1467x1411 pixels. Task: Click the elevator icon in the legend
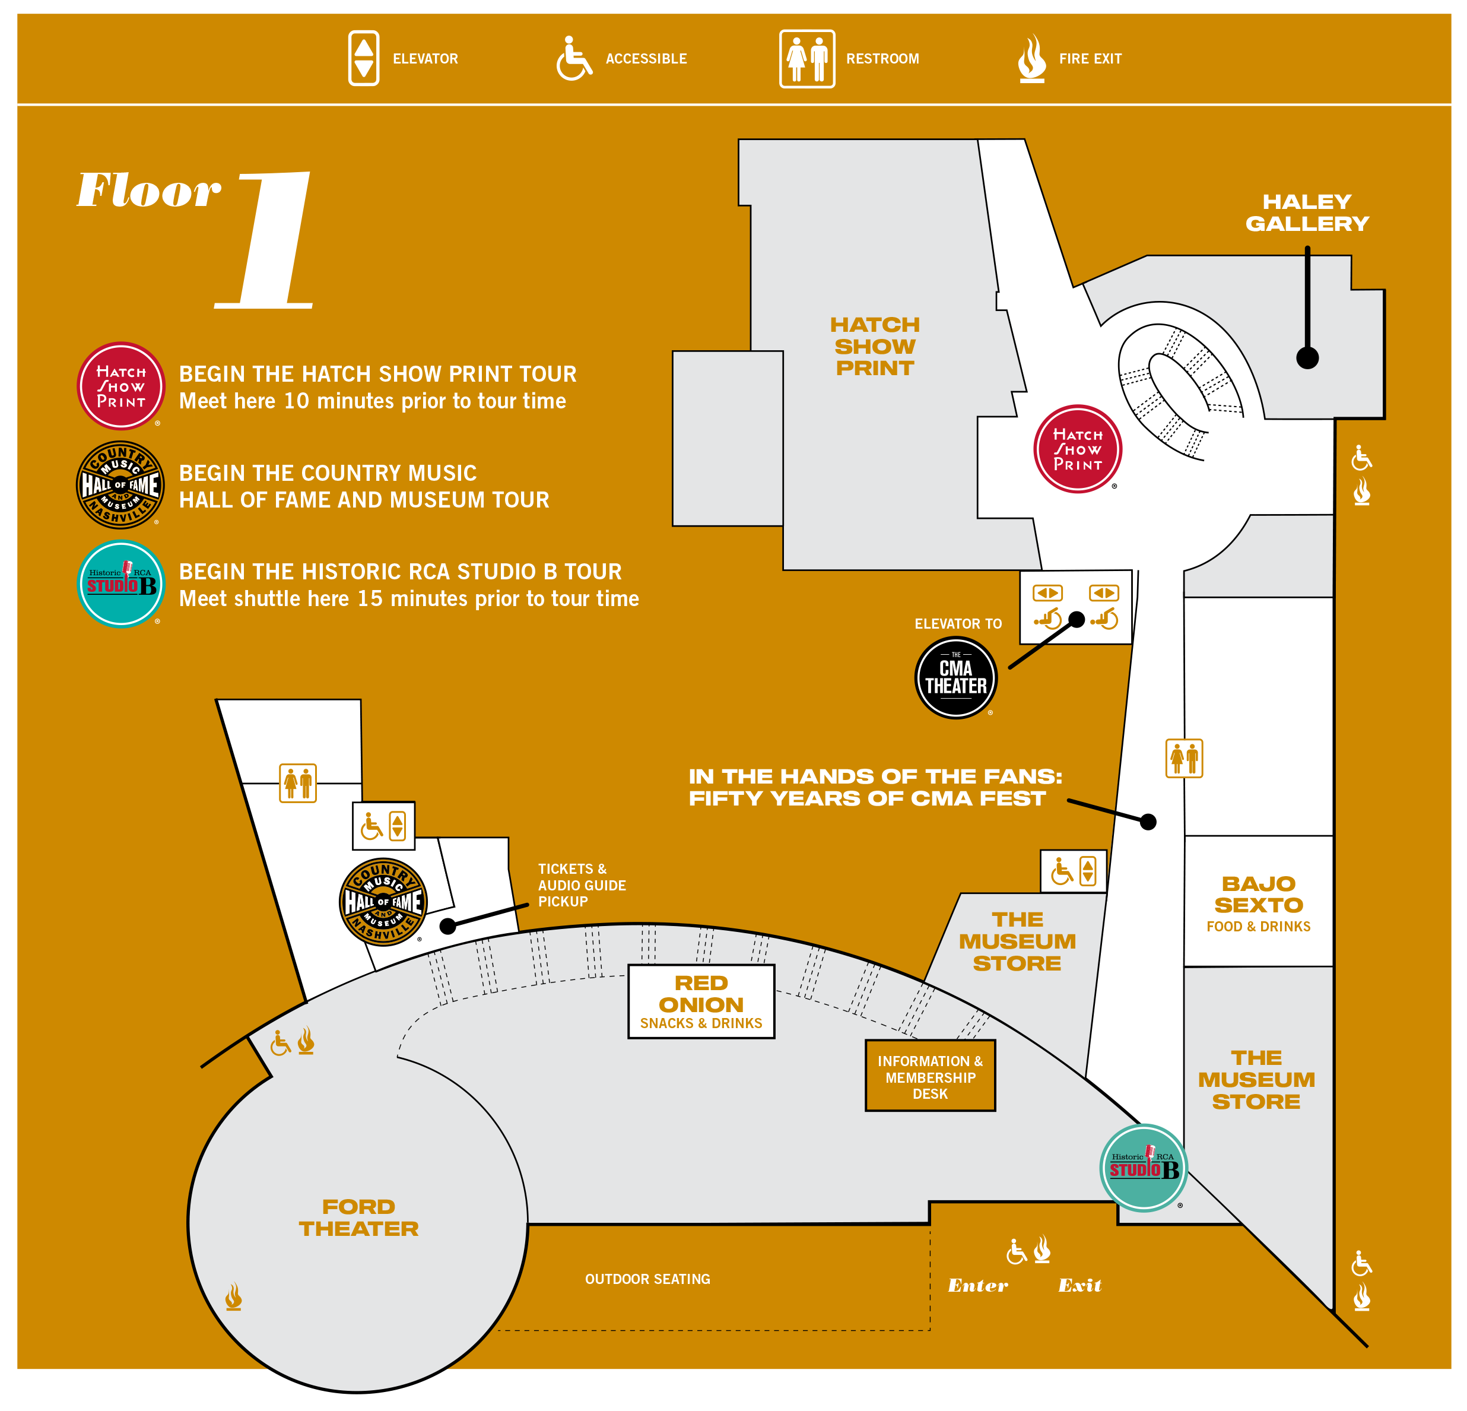tap(363, 58)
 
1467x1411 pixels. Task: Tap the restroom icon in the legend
tap(807, 58)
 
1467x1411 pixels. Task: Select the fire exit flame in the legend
tap(1031, 58)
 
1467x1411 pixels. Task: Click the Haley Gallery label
tap(1307, 213)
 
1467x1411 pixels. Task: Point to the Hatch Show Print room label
tap(874, 346)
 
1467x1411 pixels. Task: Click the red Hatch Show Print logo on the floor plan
tap(1077, 449)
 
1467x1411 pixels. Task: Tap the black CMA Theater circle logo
tap(956, 677)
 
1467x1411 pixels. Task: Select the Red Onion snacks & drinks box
tap(701, 1001)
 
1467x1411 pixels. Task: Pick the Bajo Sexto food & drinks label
tap(1258, 903)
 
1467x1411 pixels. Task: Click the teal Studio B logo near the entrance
tap(1143, 1168)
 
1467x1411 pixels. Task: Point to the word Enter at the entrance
tap(977, 1285)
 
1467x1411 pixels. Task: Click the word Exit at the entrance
tap(1079, 1285)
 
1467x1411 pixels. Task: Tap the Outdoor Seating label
tap(647, 1279)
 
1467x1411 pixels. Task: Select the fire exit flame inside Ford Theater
tap(234, 1296)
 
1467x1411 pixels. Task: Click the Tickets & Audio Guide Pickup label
tap(582, 885)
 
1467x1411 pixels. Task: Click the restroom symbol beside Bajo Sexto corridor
tap(1184, 757)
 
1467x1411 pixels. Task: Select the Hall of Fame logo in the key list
tap(120, 485)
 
